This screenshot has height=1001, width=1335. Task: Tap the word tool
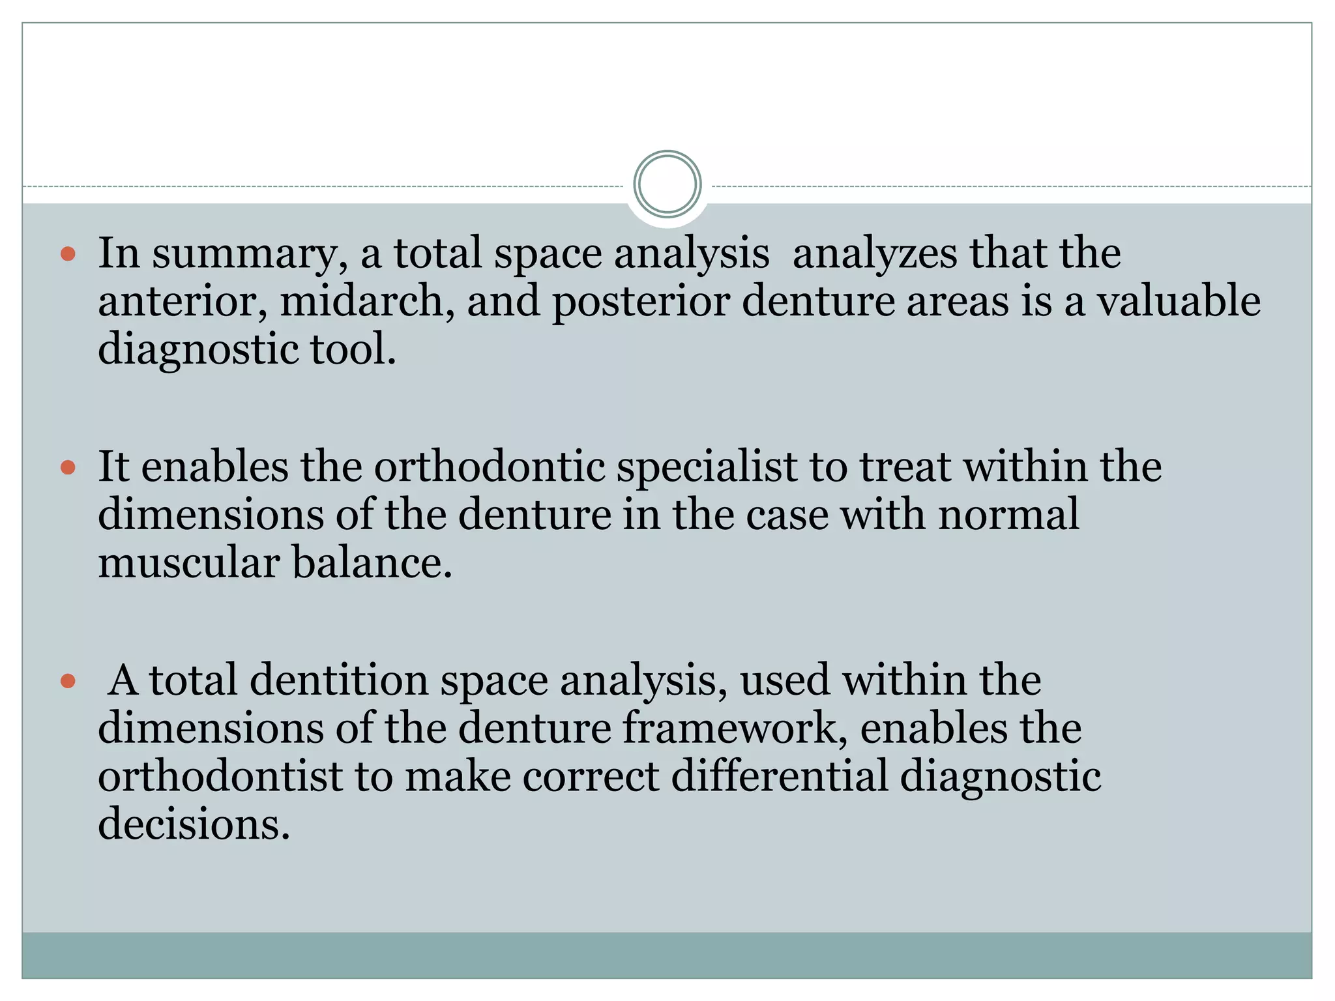click(x=353, y=349)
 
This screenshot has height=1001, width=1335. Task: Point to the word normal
click(x=1008, y=515)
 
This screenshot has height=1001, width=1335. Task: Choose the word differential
click(x=780, y=777)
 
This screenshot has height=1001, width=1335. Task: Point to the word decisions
click(x=194, y=824)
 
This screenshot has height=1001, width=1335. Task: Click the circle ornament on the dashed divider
click(x=667, y=184)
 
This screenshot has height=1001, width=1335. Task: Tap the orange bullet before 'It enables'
click(x=68, y=467)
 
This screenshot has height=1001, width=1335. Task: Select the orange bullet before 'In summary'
click(x=68, y=254)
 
